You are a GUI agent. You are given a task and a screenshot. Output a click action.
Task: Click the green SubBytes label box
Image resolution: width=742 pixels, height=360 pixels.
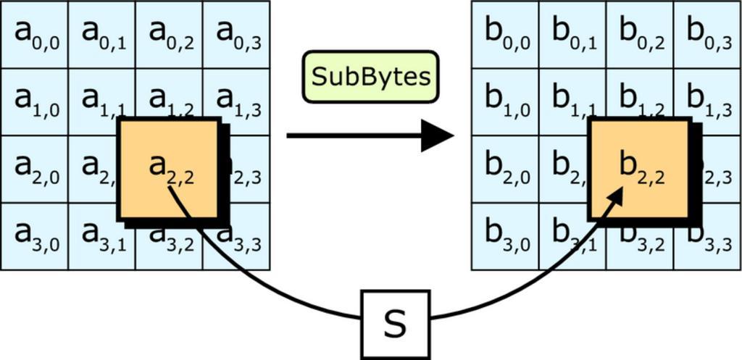pos(370,76)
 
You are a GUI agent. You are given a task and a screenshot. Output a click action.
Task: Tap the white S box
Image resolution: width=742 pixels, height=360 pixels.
pos(395,324)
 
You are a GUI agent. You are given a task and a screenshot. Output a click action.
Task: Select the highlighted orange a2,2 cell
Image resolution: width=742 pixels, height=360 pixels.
pos(170,168)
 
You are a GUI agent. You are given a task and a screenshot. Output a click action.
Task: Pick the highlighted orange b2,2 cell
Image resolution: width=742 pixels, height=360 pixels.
pos(639,168)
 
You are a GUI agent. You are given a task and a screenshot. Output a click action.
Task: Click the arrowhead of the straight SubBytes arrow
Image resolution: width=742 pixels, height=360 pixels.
pos(437,135)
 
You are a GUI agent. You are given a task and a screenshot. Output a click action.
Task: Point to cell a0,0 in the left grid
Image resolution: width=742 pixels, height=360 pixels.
pos(34,34)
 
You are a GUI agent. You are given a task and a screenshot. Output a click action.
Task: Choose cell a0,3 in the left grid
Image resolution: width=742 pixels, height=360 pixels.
pos(236,34)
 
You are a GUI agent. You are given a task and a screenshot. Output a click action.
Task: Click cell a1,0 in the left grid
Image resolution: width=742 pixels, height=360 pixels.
pos(34,101)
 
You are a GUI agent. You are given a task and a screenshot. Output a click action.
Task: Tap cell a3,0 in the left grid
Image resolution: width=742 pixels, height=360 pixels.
pos(34,236)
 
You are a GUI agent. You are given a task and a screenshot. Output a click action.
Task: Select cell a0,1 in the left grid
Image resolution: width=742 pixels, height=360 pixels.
pos(101,34)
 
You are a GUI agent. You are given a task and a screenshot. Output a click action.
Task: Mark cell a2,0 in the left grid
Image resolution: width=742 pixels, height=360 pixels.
pos(34,169)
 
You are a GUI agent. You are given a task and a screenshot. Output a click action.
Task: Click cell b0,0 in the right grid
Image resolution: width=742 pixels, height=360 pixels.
pos(505,34)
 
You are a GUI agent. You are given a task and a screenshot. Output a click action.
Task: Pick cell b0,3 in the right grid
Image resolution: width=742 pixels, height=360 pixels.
pos(707,34)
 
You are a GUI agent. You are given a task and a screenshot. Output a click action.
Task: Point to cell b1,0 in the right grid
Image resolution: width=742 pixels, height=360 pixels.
pos(505,101)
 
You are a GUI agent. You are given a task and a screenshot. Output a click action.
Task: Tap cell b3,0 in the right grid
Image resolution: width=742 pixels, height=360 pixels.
pos(505,236)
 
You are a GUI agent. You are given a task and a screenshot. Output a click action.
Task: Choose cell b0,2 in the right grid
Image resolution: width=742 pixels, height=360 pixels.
pos(640,34)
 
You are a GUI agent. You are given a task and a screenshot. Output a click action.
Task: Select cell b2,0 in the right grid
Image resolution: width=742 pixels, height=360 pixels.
pos(505,169)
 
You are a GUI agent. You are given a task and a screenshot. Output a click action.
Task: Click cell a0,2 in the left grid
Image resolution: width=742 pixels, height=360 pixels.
pos(169,34)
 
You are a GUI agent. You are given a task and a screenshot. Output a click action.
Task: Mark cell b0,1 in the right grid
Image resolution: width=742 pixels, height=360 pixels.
pos(572,34)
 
